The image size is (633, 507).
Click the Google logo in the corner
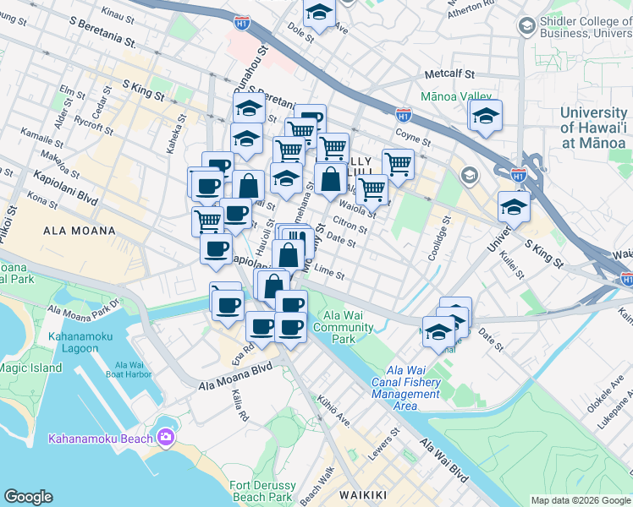tap(29, 497)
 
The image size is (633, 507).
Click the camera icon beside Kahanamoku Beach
tap(166, 437)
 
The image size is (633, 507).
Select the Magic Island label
tap(30, 368)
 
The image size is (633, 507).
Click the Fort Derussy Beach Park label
tap(263, 492)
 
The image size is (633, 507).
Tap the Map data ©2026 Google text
tap(581, 499)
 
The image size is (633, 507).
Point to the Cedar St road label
tap(99, 107)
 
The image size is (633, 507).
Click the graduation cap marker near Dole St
tap(319, 13)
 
